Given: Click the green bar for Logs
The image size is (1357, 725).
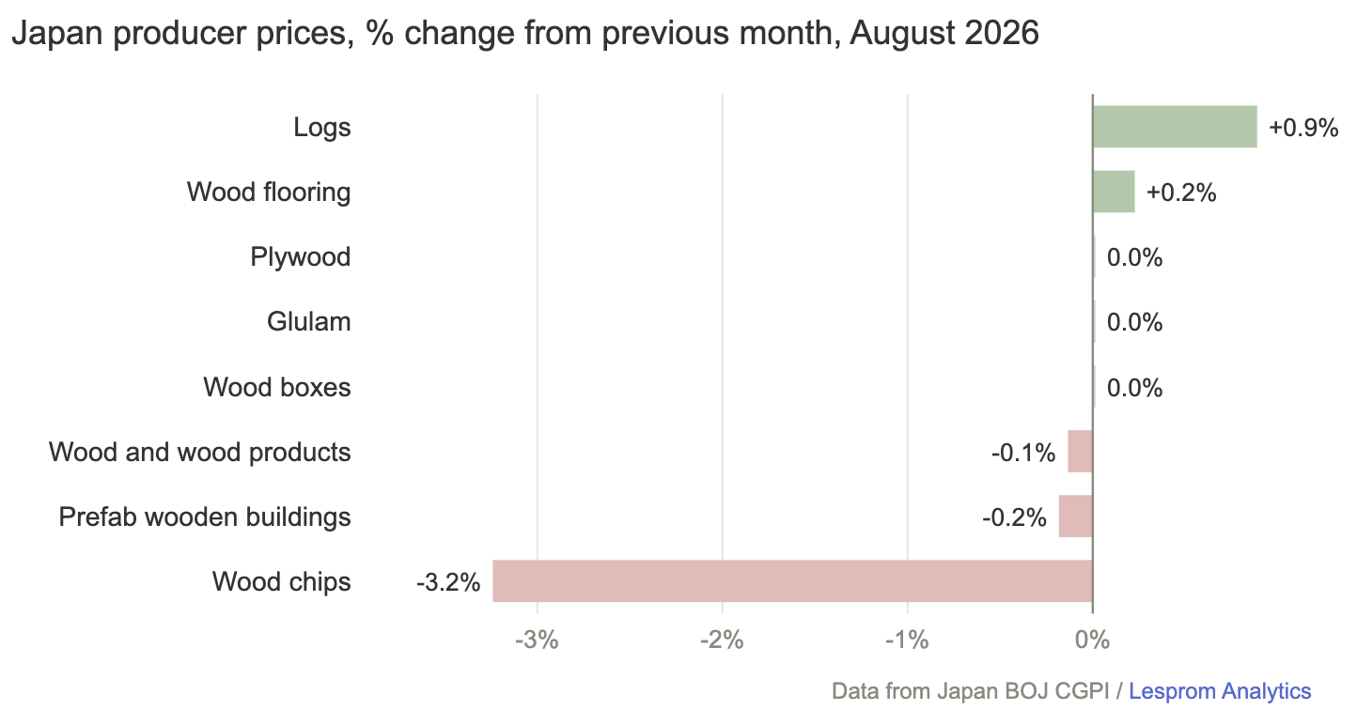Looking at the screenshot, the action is pyautogui.click(x=1175, y=127).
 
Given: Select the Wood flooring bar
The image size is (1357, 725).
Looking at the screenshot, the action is pyautogui.click(x=1114, y=192).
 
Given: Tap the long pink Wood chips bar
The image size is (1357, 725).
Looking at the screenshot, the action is pyautogui.click(x=792, y=581).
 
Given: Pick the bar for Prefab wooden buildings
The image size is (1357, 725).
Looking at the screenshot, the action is pyautogui.click(x=1076, y=517).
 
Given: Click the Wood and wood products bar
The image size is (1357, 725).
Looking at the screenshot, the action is pyautogui.click(x=1080, y=452).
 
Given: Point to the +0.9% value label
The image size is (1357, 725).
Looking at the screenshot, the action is pyautogui.click(x=1303, y=128).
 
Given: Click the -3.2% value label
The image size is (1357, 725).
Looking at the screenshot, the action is pyautogui.click(x=448, y=582).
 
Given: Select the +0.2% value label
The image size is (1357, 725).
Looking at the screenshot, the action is pyautogui.click(x=1181, y=193).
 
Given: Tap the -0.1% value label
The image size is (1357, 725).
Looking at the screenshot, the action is pyautogui.click(x=1023, y=453).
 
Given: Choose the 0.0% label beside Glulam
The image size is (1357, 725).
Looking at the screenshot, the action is pyautogui.click(x=1134, y=322).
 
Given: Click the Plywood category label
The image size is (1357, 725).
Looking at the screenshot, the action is pyautogui.click(x=301, y=257).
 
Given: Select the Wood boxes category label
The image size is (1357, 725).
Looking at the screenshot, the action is pyautogui.click(x=277, y=387).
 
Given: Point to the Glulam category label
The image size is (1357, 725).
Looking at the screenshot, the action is pyautogui.click(x=309, y=321).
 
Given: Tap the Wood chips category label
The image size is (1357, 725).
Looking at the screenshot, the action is pyautogui.click(x=282, y=581).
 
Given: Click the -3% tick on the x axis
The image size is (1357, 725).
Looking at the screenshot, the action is pyautogui.click(x=537, y=640).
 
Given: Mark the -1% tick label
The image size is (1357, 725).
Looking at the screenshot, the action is pyautogui.click(x=907, y=640).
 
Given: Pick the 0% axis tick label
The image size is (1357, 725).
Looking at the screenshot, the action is pyautogui.click(x=1092, y=640).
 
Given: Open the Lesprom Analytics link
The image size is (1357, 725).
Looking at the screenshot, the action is pyautogui.click(x=1220, y=691).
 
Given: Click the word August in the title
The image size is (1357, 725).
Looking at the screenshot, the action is pyautogui.click(x=901, y=33).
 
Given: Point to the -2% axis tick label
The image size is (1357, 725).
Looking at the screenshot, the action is pyautogui.click(x=722, y=640).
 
